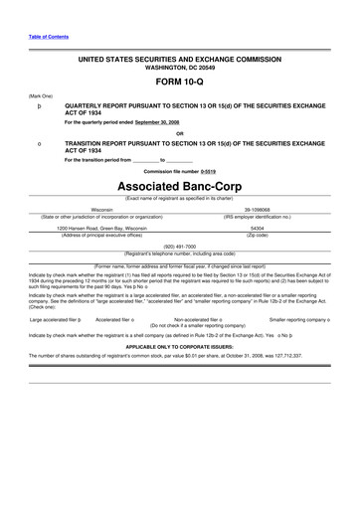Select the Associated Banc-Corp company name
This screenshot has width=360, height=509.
click(180, 187)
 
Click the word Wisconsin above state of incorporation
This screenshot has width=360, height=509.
click(101, 210)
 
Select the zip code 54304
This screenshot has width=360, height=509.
click(258, 228)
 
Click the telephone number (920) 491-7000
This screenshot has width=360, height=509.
click(180, 245)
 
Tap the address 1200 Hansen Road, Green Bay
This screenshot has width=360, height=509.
click(101, 228)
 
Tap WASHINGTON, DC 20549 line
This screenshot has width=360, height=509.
click(180, 68)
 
